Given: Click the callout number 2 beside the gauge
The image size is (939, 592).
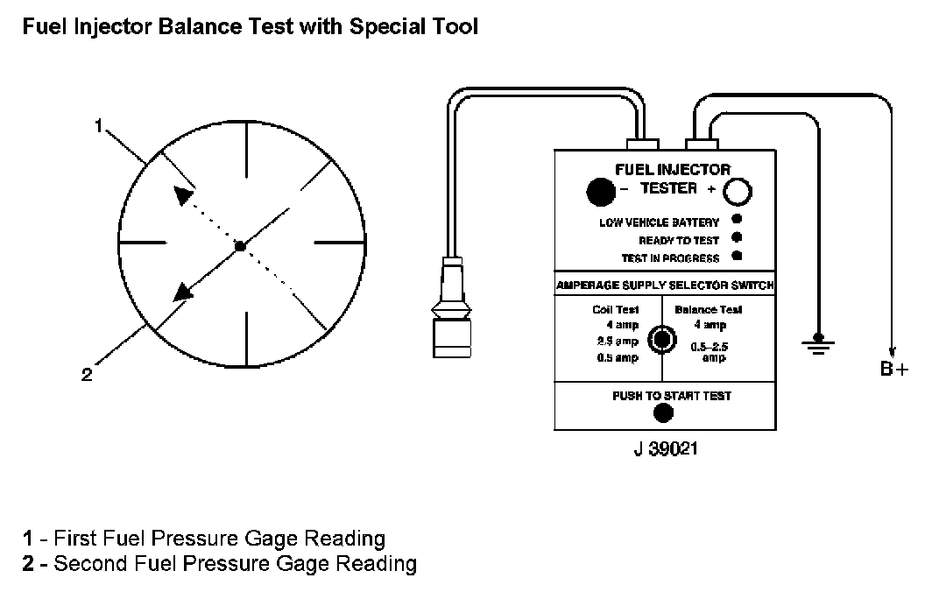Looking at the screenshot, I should pos(86,375).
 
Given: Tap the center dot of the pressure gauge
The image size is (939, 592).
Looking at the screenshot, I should pos(240,248).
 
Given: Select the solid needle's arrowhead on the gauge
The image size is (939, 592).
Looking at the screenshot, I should pos(182,292).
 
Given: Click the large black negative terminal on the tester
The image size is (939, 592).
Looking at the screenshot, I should pos(599,189).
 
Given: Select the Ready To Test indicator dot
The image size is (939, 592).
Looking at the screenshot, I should pos(737,237).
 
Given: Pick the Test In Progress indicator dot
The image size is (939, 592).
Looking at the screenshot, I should pos(737,256).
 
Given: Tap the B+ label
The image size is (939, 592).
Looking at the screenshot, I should pos(894,370).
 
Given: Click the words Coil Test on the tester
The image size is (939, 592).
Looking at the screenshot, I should pos(616,309).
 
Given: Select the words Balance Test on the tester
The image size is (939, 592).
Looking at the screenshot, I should pos(708,309).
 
